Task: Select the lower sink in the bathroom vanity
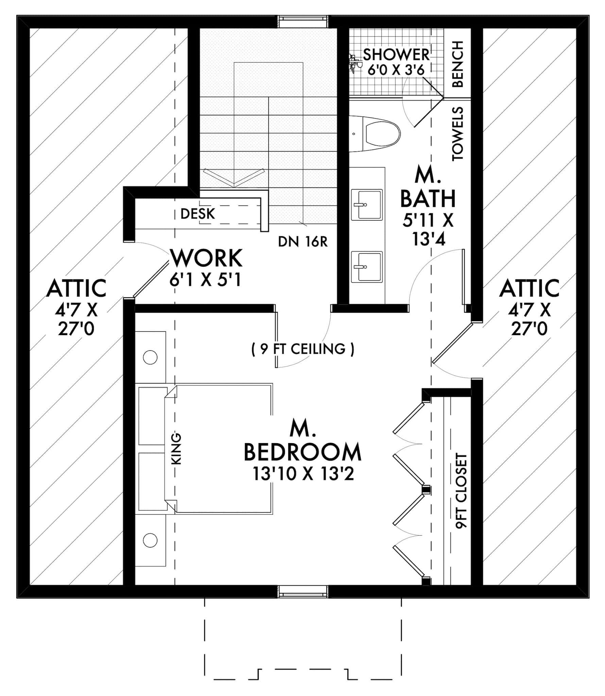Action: [x=366, y=267]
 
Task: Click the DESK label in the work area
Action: [x=197, y=214]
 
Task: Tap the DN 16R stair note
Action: [x=302, y=242]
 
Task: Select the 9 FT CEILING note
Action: [x=302, y=349]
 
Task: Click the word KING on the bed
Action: [x=177, y=449]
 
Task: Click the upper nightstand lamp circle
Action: [x=150, y=358]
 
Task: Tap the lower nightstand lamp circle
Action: [x=150, y=540]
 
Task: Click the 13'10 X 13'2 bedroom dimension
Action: [x=303, y=474]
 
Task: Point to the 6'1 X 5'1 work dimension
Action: [x=205, y=280]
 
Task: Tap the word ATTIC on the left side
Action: [x=76, y=288]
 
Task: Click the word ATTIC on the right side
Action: [x=529, y=288]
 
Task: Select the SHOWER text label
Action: [x=396, y=54]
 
